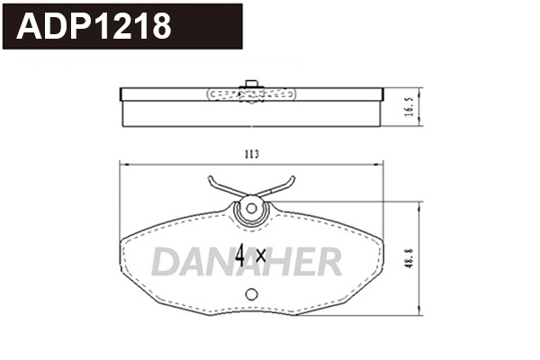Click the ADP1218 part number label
pyautogui.click(x=95, y=27)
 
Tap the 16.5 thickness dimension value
pyautogui.click(x=409, y=108)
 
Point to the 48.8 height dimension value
pyautogui.click(x=409, y=259)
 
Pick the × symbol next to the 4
pyautogui.click(x=261, y=256)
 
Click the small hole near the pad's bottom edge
pyautogui.click(x=252, y=293)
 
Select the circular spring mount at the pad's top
pyautogui.click(x=251, y=211)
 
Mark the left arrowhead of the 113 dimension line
pyautogui.click(x=124, y=165)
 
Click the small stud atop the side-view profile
pyautogui.click(x=251, y=84)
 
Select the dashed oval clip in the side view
pyautogui.click(x=251, y=93)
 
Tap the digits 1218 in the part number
pyautogui.click(x=134, y=27)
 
